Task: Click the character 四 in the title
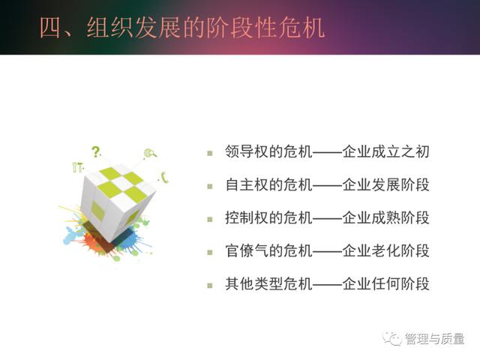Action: pyautogui.click(x=50, y=28)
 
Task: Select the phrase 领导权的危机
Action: pyautogui.click(x=268, y=151)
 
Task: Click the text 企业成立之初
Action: pyautogui.click(x=385, y=151)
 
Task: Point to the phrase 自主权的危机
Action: pyautogui.click(x=268, y=184)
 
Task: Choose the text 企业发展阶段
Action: pyautogui.click(x=385, y=184)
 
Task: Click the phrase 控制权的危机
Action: pyautogui.click(x=268, y=217)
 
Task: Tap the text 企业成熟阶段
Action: pyautogui.click(x=385, y=217)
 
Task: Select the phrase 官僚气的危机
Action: pyautogui.click(x=268, y=250)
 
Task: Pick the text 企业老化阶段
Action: pyautogui.click(x=385, y=250)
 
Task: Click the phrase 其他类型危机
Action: pyautogui.click(x=268, y=283)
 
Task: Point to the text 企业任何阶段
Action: pyautogui.click(x=385, y=283)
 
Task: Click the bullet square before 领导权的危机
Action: pyautogui.click(x=210, y=153)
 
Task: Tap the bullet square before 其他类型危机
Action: pyautogui.click(x=210, y=286)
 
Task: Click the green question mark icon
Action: pyautogui.click(x=96, y=151)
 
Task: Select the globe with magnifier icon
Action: pyautogui.click(x=150, y=153)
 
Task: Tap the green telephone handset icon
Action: pyautogui.click(x=165, y=178)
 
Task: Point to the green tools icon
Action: pyautogui.click(x=77, y=166)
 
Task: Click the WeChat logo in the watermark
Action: pyautogui.click(x=392, y=338)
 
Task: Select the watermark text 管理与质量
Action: pyautogui.click(x=435, y=339)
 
